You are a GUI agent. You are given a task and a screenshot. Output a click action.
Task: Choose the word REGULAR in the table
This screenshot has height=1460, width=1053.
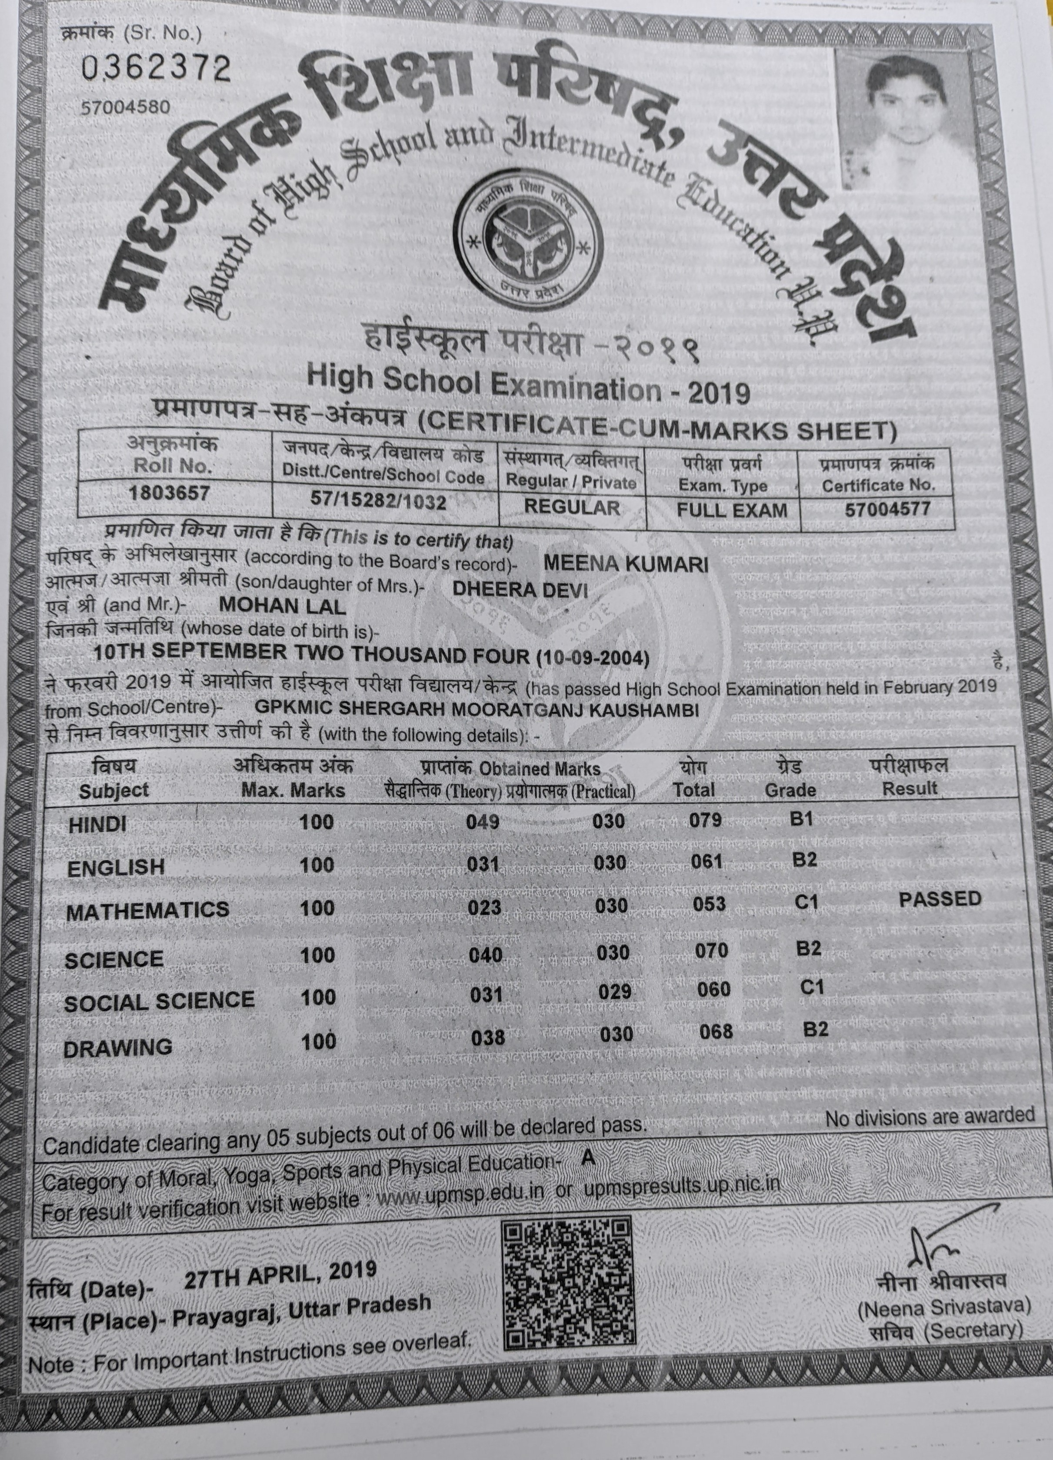572,506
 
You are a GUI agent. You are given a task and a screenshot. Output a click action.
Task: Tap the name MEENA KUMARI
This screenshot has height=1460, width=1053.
626,564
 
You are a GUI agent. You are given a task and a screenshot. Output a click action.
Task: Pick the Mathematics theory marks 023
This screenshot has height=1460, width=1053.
485,907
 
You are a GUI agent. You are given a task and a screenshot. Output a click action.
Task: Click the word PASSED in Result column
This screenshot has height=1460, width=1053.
939,899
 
